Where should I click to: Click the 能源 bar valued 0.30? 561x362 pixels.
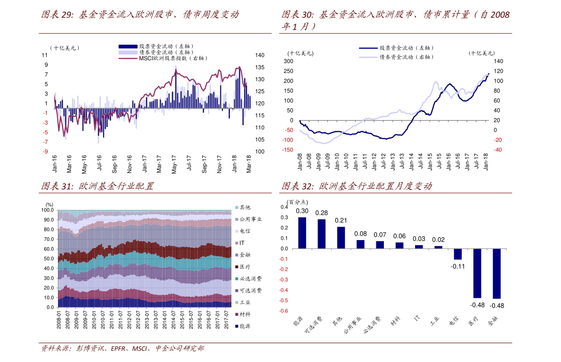(x=302, y=233)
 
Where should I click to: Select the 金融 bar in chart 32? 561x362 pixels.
(x=496, y=274)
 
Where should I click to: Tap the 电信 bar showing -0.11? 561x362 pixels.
(x=457, y=254)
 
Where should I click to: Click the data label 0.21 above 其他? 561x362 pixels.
(x=341, y=220)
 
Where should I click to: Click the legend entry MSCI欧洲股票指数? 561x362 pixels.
(x=163, y=58)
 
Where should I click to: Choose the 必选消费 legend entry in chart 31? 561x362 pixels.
(x=248, y=279)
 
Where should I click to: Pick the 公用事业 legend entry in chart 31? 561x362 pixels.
(x=248, y=219)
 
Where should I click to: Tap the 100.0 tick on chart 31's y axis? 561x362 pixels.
(x=47, y=210)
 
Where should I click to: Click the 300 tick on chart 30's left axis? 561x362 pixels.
(x=288, y=61)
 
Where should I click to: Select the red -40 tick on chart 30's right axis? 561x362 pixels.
(x=498, y=150)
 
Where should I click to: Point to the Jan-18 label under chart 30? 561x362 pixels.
(x=486, y=161)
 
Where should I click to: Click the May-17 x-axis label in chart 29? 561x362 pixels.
(x=174, y=164)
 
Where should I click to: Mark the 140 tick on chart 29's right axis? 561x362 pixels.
(x=260, y=55)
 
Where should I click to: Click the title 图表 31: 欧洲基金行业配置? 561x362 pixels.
(x=98, y=186)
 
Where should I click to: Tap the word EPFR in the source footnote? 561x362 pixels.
(x=118, y=348)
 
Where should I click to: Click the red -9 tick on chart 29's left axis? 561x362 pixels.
(x=45, y=152)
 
